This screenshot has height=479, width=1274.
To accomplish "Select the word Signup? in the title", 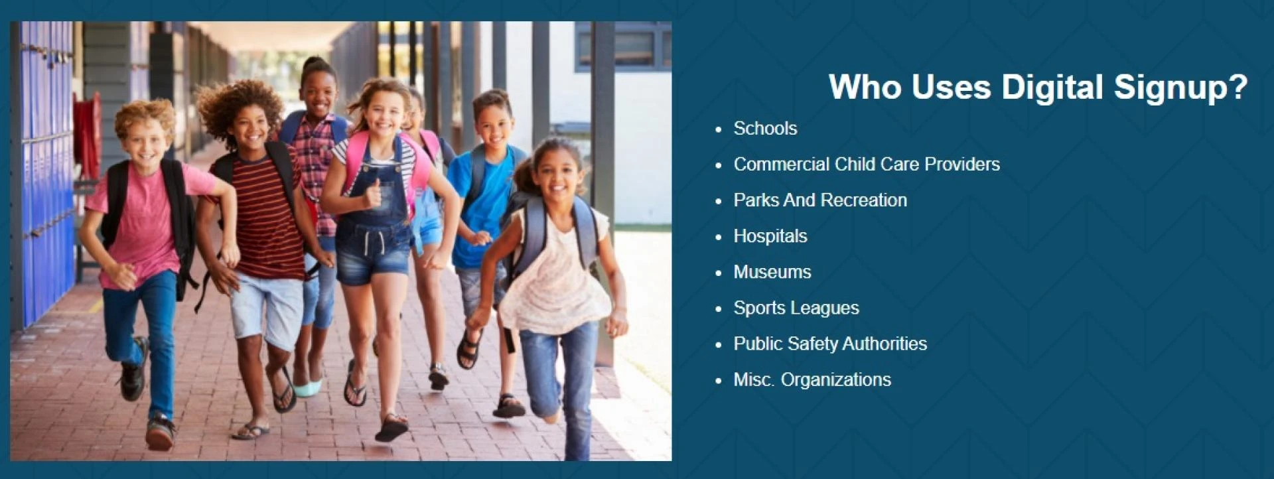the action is tap(1180, 88).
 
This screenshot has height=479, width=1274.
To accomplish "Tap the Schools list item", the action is tap(765, 129).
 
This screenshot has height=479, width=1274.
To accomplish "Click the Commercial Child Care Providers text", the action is tap(867, 165).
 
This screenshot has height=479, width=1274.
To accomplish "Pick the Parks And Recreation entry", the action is tap(820, 200).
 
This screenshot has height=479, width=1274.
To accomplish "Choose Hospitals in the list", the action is tap(770, 236).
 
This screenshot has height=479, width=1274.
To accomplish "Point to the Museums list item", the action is tap(772, 272).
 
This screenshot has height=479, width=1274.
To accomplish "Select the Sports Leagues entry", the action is tap(796, 308).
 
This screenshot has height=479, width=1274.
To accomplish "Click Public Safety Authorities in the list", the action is tap(830, 344).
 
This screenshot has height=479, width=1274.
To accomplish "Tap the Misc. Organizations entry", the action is tap(812, 379).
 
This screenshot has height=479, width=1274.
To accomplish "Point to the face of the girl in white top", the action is tap(557, 175).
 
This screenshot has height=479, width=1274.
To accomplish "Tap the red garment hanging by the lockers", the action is tap(87, 135).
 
